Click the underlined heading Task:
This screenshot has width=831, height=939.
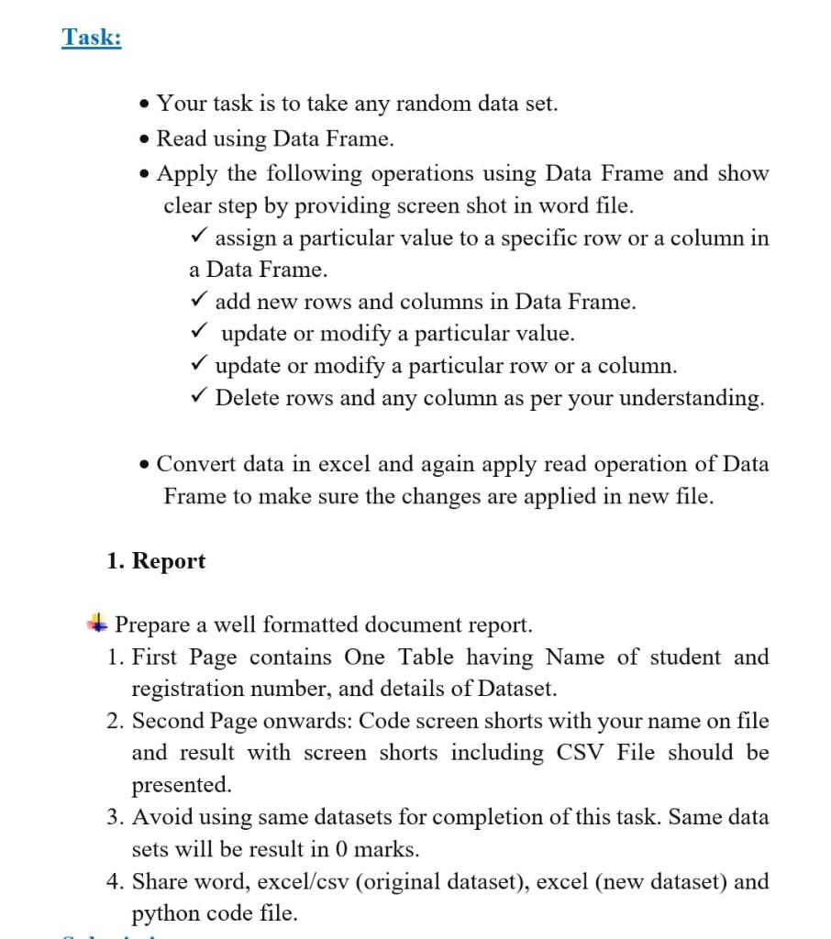pyautogui.click(x=92, y=38)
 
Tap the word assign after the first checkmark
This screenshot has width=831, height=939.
pyautogui.click(x=246, y=238)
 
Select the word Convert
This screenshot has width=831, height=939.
pyautogui.click(x=196, y=464)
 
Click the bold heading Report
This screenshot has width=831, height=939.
pyautogui.click(x=169, y=561)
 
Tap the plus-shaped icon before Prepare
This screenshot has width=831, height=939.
pyautogui.click(x=96, y=624)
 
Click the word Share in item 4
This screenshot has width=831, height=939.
pyautogui.click(x=161, y=881)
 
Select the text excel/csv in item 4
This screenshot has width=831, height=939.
pyautogui.click(x=302, y=881)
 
